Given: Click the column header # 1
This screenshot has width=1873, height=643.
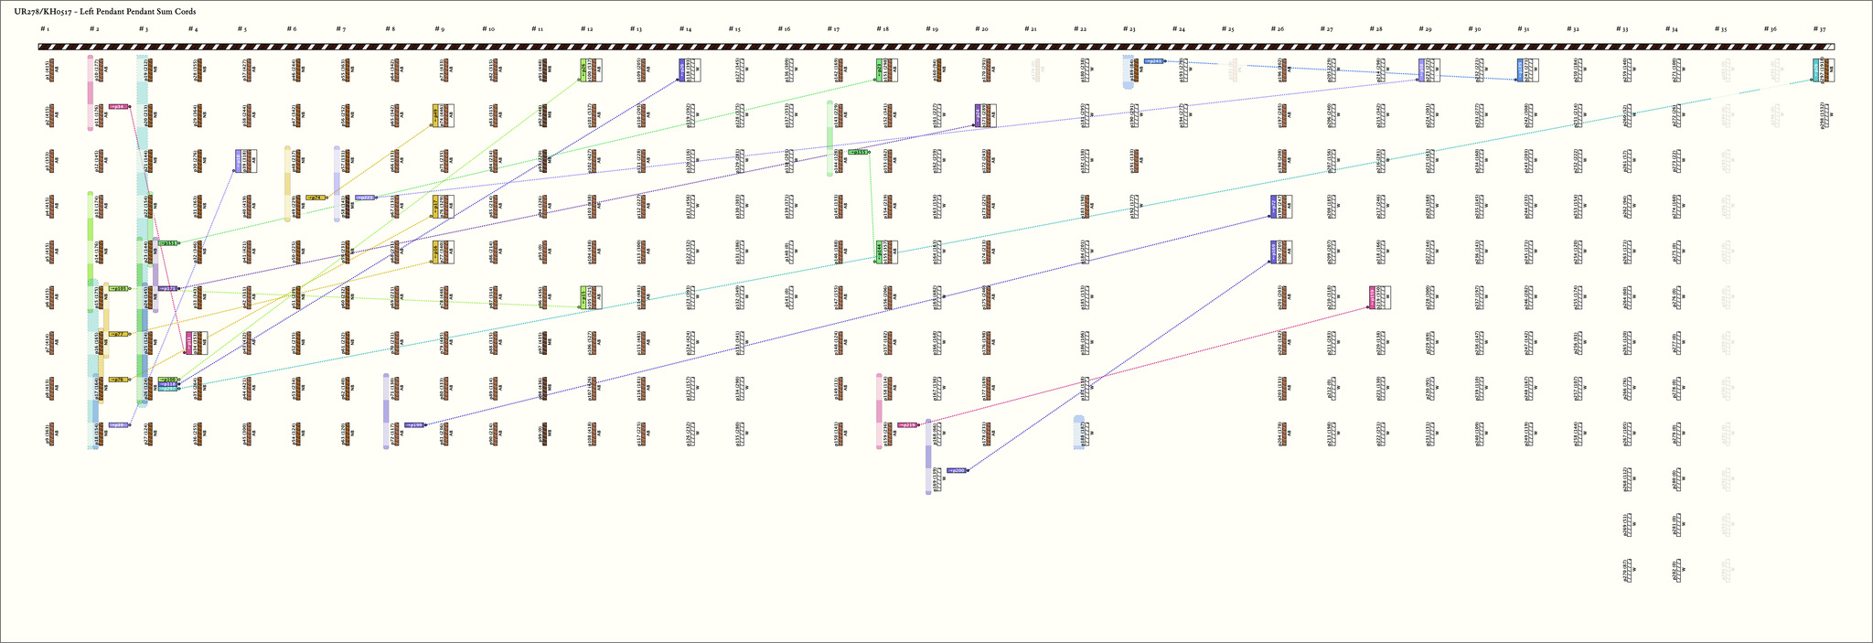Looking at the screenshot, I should tap(44, 29).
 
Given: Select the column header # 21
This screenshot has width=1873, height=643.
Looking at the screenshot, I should tap(1031, 29).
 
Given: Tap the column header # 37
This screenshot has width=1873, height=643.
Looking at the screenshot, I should tap(1820, 29).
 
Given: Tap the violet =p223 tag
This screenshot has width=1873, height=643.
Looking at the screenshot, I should tap(364, 197).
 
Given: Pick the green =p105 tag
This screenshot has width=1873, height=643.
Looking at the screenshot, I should tap(119, 288).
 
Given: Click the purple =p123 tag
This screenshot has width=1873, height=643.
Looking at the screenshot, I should tap(168, 288).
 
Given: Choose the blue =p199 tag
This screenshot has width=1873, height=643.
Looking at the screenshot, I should tap(414, 424).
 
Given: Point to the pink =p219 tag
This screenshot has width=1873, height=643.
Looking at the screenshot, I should tap(907, 424).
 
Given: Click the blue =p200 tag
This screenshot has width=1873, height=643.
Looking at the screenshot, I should tap(957, 470).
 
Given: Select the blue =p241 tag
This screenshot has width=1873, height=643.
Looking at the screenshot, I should tap(1154, 61).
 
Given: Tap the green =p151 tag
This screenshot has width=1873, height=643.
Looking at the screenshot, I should tap(858, 152).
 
